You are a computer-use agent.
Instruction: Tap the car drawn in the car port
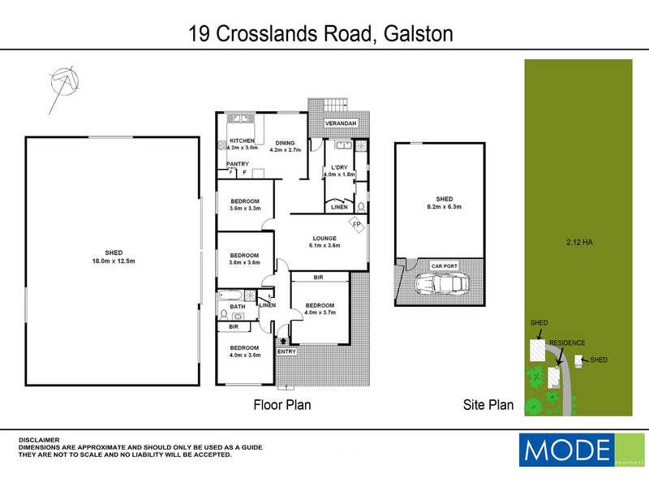(x=440, y=285)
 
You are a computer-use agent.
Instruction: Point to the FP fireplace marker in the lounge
(x=356, y=225)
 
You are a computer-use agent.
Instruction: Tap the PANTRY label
(x=238, y=164)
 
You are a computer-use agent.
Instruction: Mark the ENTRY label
(x=286, y=351)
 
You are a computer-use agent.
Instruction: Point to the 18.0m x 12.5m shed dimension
(x=113, y=261)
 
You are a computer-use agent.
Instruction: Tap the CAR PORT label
(x=443, y=265)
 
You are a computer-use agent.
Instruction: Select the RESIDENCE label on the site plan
(x=566, y=343)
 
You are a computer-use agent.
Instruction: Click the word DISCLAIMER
(x=39, y=439)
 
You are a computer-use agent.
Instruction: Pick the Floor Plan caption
(x=282, y=404)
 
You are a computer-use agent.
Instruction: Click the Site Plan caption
(x=488, y=404)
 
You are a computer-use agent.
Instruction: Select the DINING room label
(x=285, y=143)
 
